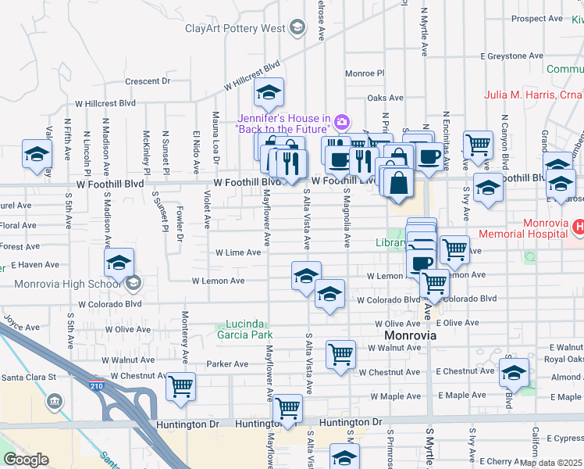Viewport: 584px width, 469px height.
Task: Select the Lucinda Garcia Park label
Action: click(246, 329)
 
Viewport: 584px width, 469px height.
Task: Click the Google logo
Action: click(26, 460)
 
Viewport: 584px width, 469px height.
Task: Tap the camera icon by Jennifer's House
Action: click(341, 121)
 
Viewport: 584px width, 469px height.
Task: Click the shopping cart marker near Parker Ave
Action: click(340, 354)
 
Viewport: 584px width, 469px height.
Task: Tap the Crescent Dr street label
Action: click(148, 81)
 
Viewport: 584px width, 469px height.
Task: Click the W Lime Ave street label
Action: click(238, 252)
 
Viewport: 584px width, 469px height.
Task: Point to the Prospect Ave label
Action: click(539, 19)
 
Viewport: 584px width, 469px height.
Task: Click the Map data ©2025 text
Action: click(551, 463)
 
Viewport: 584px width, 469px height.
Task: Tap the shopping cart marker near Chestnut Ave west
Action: click(180, 385)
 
